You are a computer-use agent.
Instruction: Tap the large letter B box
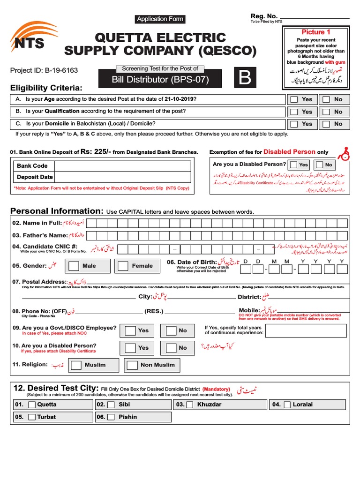tap(245, 78)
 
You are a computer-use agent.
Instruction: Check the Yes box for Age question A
tap(294, 99)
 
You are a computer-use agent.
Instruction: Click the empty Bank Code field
tap(122, 166)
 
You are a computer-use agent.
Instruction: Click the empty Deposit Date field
tap(122, 177)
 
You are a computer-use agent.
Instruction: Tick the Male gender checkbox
tap(74, 266)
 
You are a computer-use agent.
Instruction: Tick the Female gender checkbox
tap(123, 266)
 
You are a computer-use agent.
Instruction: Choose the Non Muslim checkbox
tap(132, 365)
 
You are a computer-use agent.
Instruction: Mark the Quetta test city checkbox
tap(31, 405)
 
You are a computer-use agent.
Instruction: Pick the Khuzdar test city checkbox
tap(190, 405)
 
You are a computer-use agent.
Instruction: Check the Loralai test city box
tap(286, 405)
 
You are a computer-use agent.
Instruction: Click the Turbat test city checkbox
tap(31, 417)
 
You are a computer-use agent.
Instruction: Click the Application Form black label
tap(160, 19)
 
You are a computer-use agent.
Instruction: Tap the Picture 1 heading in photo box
tap(316, 32)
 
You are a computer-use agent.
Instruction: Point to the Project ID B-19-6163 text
tap(44, 71)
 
